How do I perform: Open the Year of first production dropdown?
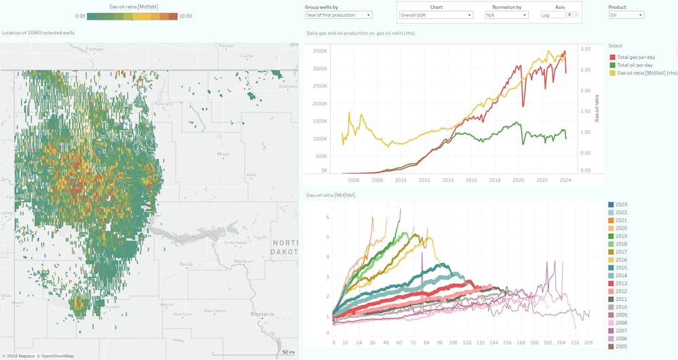point(338,14)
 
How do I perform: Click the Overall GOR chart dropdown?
point(436,14)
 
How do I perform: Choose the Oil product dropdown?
point(626,14)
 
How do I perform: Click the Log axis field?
point(553,14)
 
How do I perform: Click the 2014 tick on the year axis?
point(447,180)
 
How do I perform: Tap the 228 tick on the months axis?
point(589,342)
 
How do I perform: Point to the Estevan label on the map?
point(95,49)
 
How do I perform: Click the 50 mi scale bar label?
point(288,352)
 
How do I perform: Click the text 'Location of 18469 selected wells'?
point(39,32)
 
